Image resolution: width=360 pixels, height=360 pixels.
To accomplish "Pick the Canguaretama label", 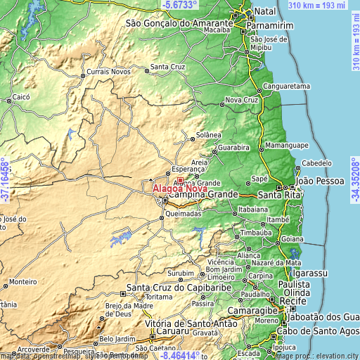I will [286, 87].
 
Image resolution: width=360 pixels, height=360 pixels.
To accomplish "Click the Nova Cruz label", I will [242, 101].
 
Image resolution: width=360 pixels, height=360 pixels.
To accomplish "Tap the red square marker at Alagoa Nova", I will [180, 180].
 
